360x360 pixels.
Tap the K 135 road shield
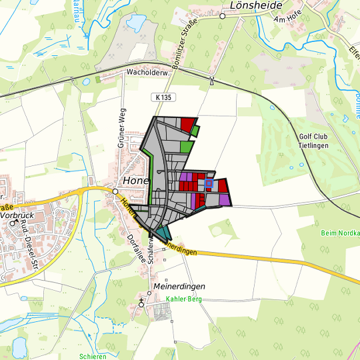point(163,97)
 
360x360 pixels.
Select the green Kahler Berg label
point(183,300)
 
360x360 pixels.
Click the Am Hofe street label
point(288,20)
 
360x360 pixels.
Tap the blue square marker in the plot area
point(208,183)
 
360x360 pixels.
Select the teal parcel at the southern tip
point(163,233)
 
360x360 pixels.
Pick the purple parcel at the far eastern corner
point(225,199)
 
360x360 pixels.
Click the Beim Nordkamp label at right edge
point(340,233)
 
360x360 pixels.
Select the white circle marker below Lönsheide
point(223,17)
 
